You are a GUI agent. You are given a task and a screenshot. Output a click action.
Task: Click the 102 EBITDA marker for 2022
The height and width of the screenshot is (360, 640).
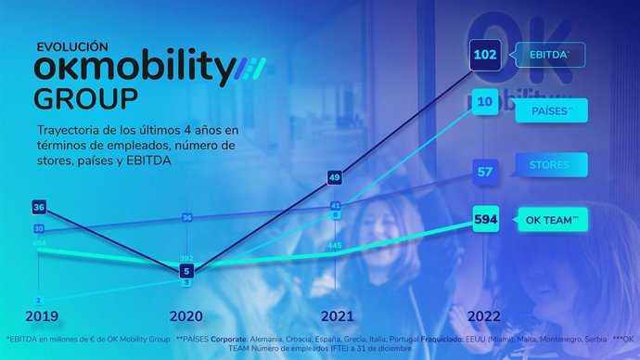[x=485, y=55]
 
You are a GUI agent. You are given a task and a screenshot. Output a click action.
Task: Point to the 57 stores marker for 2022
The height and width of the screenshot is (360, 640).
[x=485, y=171]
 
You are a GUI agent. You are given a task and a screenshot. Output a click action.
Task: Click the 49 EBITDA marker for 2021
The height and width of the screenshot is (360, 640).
[x=335, y=177]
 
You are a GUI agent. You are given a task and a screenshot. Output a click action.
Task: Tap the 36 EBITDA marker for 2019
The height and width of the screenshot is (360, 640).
[x=38, y=207]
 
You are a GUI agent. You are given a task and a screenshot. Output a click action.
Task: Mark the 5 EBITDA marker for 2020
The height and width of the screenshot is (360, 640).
[x=186, y=271]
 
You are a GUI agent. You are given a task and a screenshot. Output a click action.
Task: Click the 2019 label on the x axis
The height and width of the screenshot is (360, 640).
[x=40, y=315]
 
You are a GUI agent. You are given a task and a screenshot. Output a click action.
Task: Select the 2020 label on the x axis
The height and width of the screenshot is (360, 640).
[x=186, y=315]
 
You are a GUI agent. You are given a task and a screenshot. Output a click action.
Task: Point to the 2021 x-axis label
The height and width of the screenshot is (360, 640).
[x=335, y=315]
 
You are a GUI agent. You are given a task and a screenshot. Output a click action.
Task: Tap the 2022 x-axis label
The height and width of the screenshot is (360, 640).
[x=484, y=315]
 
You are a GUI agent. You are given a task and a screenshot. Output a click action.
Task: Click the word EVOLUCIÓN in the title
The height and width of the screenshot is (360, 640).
[x=72, y=46]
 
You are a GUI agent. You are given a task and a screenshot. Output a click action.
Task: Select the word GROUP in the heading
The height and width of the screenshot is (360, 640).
[x=85, y=98]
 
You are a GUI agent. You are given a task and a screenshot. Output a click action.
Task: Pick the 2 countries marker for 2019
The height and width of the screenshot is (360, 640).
[x=38, y=301]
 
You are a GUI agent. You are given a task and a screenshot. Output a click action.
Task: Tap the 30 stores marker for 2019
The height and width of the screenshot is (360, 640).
[x=38, y=228]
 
